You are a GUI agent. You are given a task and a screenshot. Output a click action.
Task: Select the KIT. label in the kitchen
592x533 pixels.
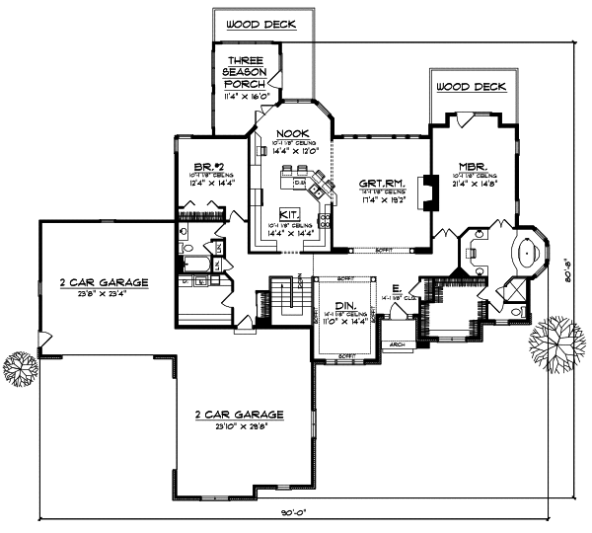[x=288, y=213]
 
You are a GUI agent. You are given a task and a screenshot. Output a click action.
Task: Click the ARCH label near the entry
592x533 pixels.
[x=397, y=344]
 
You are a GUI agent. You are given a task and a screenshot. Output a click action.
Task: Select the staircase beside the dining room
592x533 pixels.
[x=286, y=296]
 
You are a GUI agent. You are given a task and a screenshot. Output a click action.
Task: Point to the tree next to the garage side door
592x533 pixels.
[x=19, y=368]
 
